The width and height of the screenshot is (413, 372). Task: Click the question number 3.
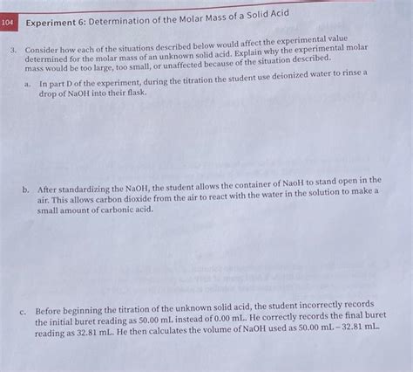click(12, 52)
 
